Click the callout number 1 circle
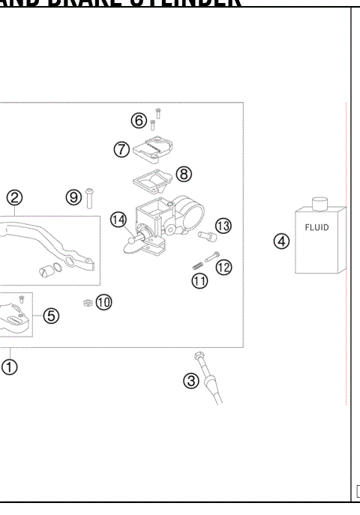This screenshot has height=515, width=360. point(10,367)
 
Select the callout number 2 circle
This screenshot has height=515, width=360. point(15,198)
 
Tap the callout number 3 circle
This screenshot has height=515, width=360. point(192,381)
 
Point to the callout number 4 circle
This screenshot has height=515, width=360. point(280,241)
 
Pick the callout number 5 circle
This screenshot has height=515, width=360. point(51,316)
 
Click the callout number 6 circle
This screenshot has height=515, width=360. point(139,120)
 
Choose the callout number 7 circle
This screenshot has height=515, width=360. point(121,148)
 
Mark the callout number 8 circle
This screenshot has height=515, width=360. point(184,174)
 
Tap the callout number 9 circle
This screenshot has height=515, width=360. point(73,197)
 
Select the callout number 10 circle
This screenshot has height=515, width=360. point(103,302)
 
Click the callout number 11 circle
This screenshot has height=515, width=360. point(199,282)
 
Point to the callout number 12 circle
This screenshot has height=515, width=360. point(223,267)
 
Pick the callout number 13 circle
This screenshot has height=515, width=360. point(223,226)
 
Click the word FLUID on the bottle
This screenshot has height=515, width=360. point(316,226)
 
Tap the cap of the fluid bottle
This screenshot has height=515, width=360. point(320,202)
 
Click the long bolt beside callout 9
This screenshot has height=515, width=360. point(89,198)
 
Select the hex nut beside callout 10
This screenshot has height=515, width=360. point(87,302)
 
